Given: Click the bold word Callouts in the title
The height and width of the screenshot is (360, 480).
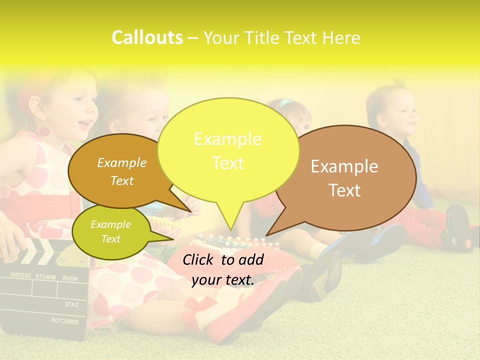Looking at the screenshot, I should pos(147,37).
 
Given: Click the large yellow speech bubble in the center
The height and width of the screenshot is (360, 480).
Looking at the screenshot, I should pos(228,150).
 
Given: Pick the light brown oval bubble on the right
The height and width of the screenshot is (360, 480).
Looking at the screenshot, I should pos(350,177).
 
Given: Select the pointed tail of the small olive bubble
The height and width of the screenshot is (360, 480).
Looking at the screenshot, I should pos(162,236).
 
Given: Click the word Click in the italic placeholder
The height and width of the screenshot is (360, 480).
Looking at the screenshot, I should pos(199,259).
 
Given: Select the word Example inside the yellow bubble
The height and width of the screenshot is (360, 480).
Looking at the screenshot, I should pos(227,139).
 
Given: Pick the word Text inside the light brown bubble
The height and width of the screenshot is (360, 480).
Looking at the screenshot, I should pos(344,190).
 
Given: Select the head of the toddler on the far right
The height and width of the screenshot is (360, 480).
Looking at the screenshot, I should pos(392,112).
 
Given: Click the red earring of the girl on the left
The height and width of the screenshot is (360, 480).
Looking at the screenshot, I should pos(44,132).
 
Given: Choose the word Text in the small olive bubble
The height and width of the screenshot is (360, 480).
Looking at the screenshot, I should pos(111,239).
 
